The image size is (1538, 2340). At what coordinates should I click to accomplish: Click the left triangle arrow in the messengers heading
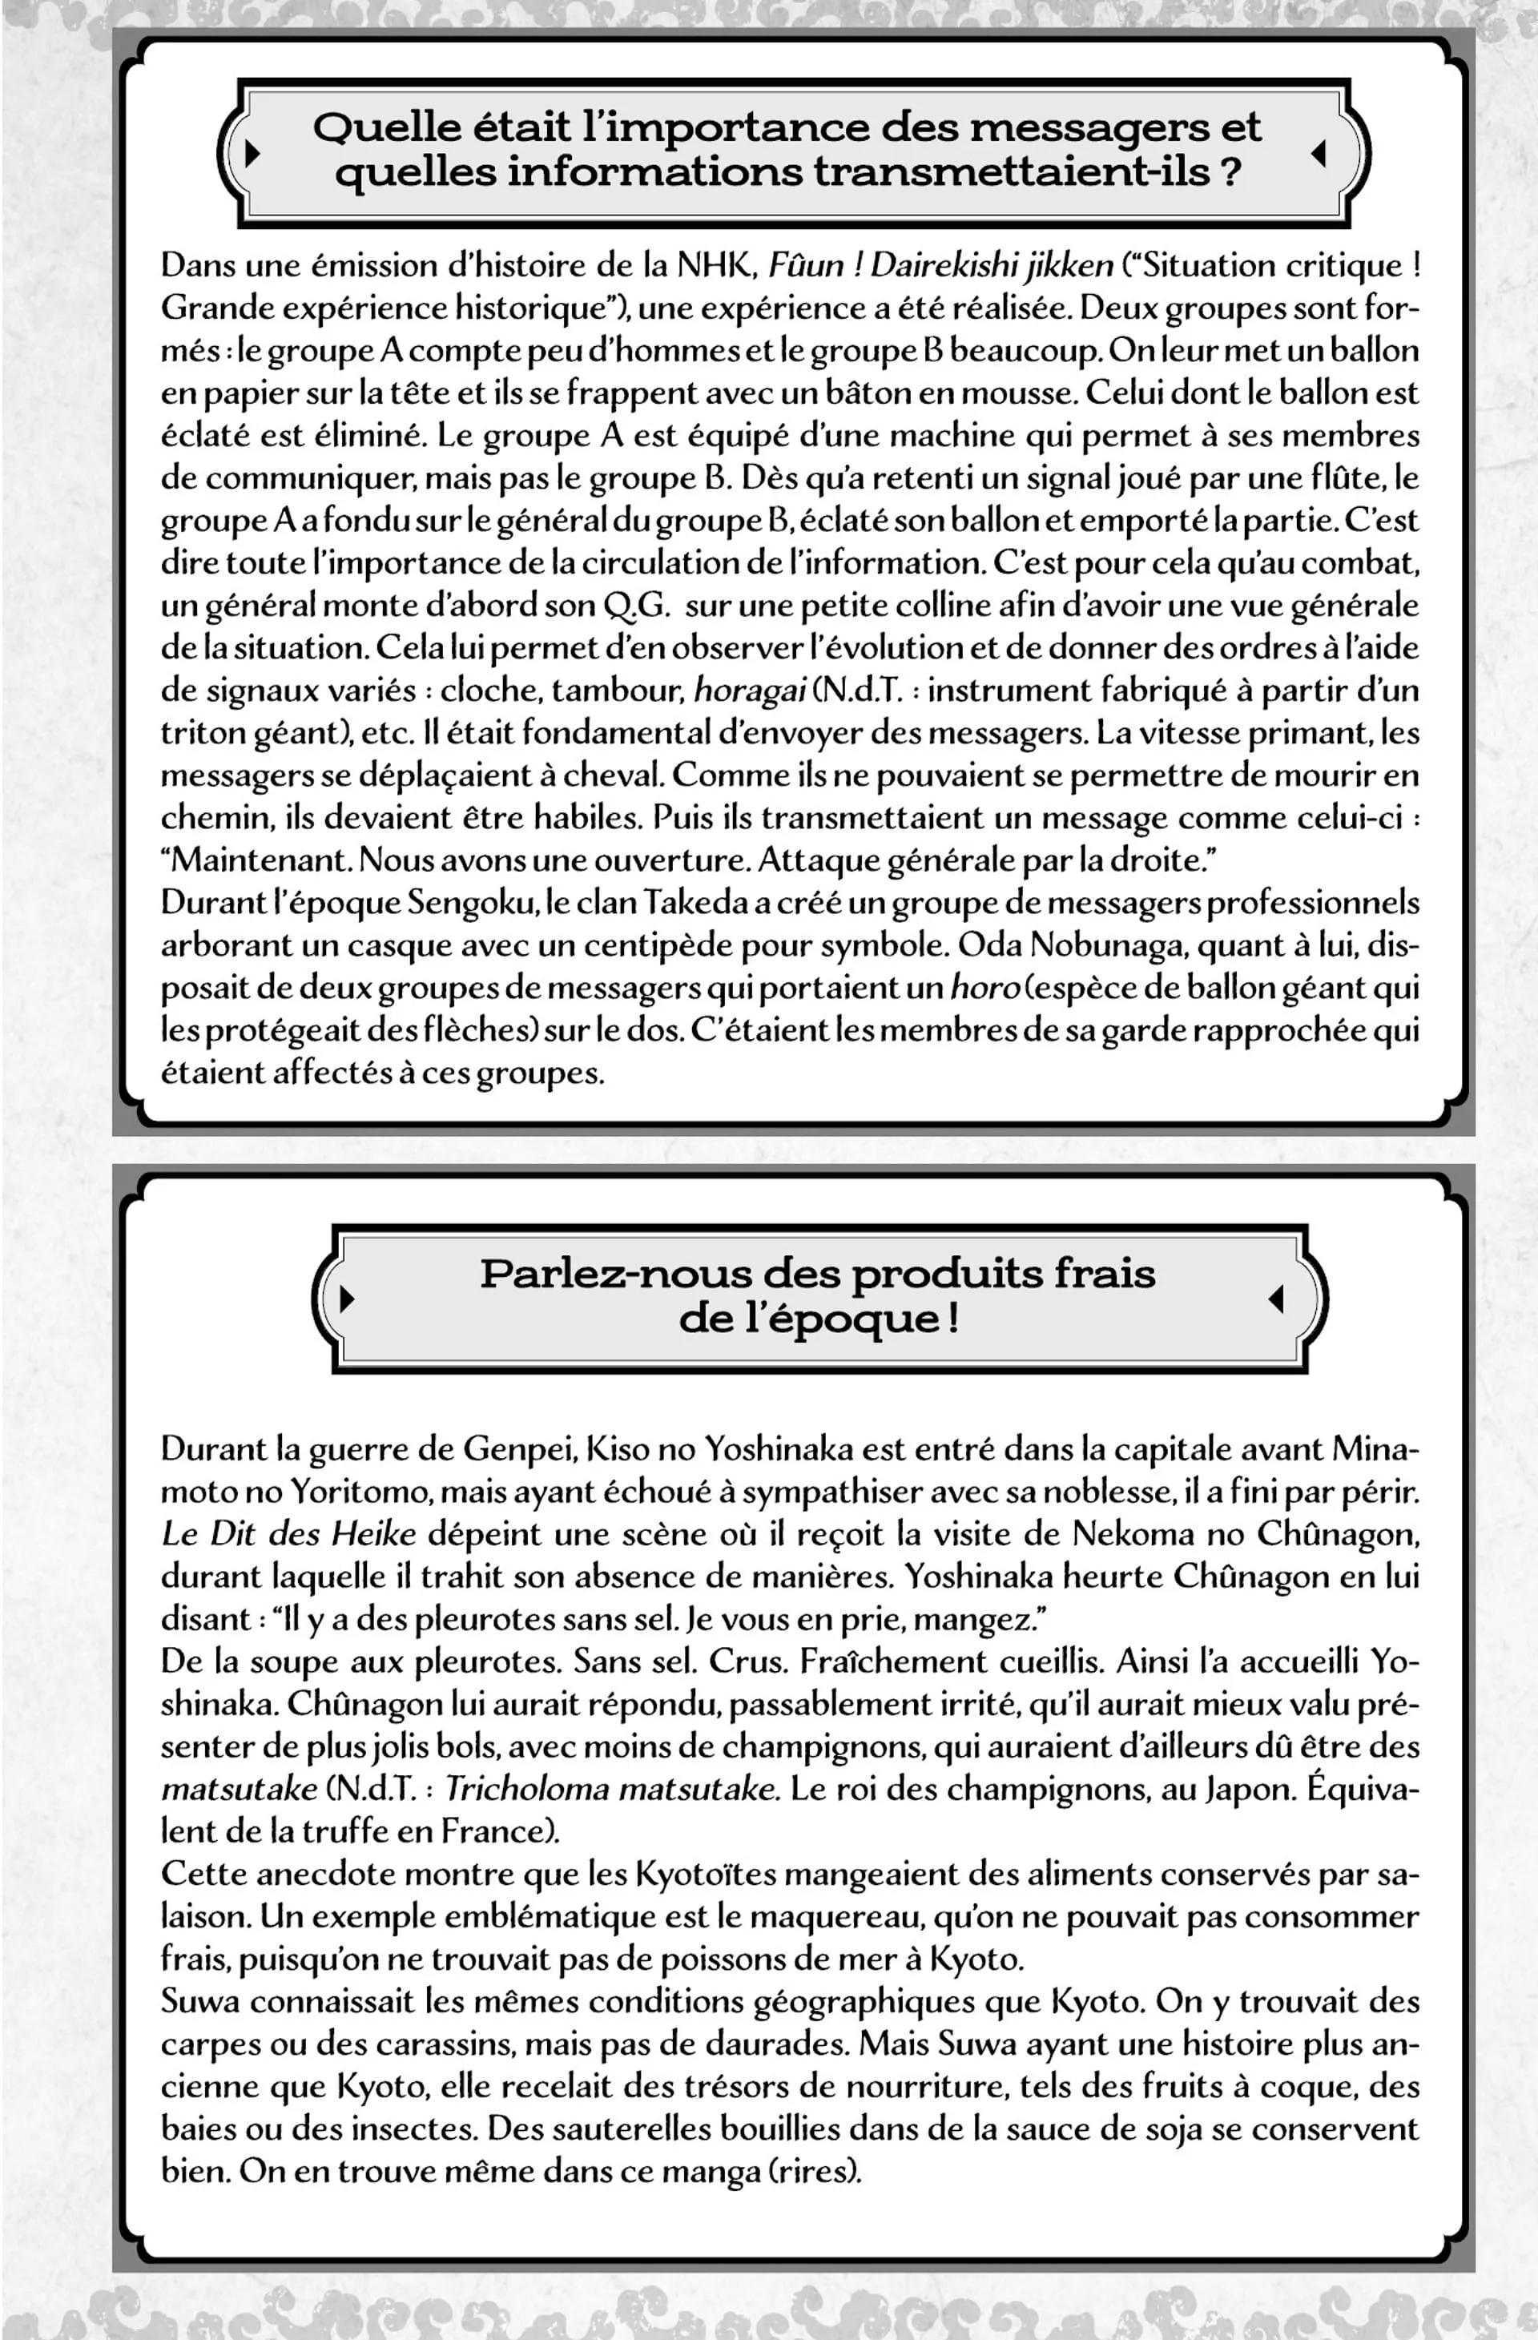pyautogui.click(x=252, y=152)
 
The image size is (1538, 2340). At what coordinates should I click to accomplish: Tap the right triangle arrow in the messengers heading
pyautogui.click(x=1319, y=152)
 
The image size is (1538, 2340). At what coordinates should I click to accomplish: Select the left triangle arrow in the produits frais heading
pyautogui.click(x=346, y=1299)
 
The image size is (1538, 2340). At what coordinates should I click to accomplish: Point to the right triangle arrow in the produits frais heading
pyautogui.click(x=1276, y=1299)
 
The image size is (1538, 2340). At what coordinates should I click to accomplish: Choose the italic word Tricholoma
pyautogui.click(x=527, y=1788)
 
